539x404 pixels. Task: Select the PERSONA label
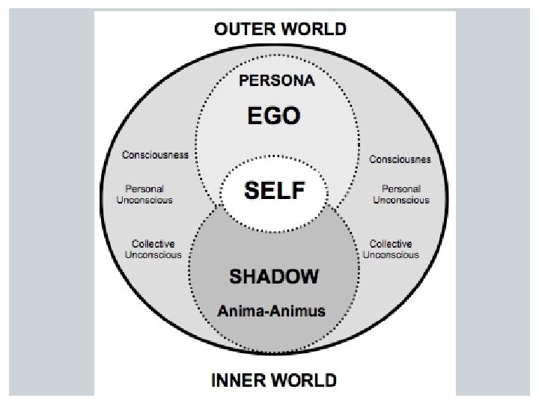(277, 81)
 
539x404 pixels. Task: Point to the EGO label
(274, 116)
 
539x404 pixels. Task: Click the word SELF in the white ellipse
(275, 191)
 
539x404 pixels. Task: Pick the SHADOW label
(273, 276)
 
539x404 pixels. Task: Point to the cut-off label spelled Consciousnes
(400, 159)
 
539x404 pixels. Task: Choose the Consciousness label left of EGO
(155, 155)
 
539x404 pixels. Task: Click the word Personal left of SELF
(144, 189)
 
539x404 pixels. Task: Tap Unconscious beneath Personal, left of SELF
(144, 200)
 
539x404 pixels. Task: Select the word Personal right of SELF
(401, 189)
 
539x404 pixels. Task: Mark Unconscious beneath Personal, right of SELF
(401, 200)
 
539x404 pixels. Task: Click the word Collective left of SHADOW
(153, 244)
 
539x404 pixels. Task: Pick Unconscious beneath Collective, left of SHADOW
(153, 254)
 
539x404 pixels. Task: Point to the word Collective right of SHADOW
(391, 244)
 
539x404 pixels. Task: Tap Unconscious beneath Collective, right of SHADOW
(391, 254)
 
